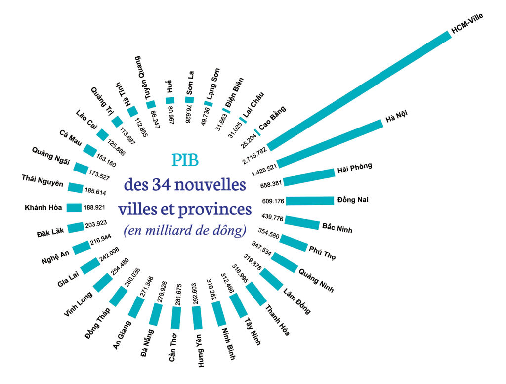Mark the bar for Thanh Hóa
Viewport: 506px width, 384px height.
pyautogui.click(x=255, y=293)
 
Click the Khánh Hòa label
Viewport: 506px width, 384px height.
pyautogui.click(x=43, y=207)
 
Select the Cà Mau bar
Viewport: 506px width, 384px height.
pyautogui.click(x=90, y=150)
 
